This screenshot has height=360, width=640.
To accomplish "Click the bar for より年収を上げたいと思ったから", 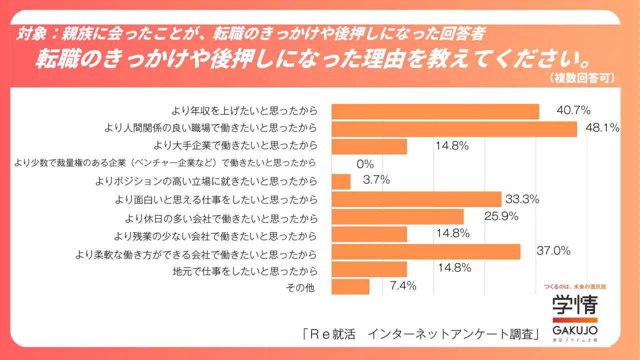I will (x=435, y=111).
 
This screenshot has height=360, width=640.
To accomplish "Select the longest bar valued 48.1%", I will (x=454, y=129).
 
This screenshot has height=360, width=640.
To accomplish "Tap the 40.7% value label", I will (x=573, y=110).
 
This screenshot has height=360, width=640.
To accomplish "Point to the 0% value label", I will (x=365, y=163).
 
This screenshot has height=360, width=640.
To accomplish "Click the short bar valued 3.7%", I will (x=341, y=181).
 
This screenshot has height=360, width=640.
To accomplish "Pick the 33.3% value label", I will (x=522, y=199).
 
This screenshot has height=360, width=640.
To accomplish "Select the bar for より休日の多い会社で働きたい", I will (x=397, y=217).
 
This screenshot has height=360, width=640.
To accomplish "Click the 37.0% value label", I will (x=553, y=251).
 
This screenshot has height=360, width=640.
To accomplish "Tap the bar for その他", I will (x=350, y=287).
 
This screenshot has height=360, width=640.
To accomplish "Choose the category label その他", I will (x=300, y=288).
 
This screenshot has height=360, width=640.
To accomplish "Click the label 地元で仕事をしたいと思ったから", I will (x=245, y=271).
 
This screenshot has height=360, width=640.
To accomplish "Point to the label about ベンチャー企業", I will (x=165, y=162).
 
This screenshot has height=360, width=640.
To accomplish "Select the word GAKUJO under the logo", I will (x=574, y=331).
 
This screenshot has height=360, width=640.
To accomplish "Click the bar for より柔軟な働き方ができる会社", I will (x=425, y=251).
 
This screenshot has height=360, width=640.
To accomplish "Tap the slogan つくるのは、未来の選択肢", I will (x=574, y=287).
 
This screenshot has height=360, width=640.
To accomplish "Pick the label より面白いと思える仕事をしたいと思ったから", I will (x=216, y=200).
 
